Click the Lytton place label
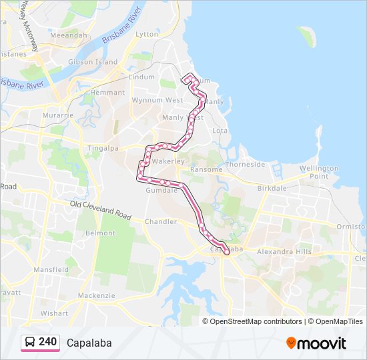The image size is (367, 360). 147,34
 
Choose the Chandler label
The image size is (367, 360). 161,221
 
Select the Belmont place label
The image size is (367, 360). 100,233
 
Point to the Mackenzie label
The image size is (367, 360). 97,295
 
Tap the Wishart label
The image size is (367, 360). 54,313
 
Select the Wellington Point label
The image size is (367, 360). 318,172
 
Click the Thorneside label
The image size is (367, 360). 245,164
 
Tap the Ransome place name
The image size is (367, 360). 206,169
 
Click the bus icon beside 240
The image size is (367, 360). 30,342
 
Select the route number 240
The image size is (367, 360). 47,342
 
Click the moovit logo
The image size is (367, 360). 316,343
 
